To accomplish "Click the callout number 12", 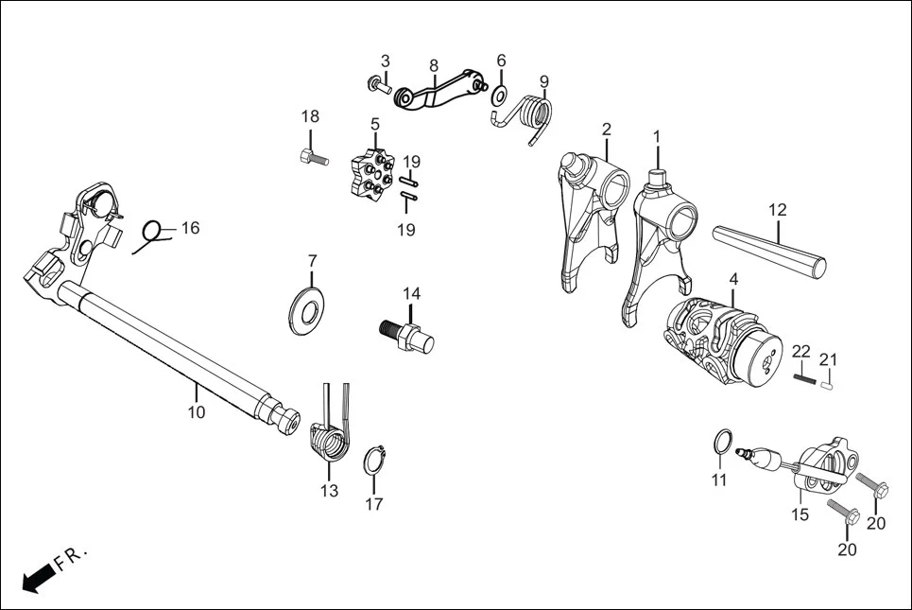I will [x=777, y=209].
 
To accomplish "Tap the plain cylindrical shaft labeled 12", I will [x=770, y=247].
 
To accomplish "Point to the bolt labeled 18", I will [x=312, y=157].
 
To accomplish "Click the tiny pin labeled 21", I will [x=827, y=383].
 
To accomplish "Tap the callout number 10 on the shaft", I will [x=196, y=411].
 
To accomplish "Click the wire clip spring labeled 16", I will [x=153, y=233].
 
